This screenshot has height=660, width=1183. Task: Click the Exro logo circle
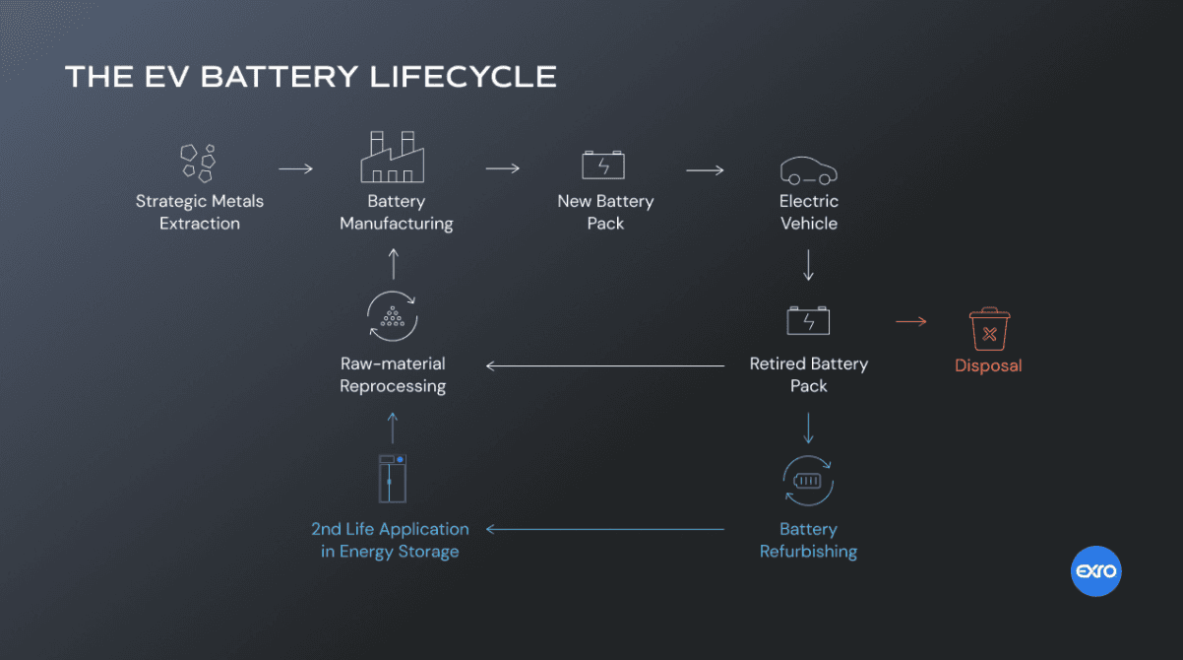1095,571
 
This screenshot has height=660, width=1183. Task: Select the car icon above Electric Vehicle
809,170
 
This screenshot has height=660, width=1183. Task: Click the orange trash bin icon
989,329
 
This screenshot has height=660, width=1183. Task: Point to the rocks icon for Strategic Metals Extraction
198,164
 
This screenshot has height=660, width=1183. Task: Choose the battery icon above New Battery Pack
603,165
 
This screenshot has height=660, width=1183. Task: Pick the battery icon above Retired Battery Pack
808,320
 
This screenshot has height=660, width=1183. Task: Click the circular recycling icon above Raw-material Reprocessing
393,316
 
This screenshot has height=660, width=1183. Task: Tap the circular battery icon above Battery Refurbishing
808,481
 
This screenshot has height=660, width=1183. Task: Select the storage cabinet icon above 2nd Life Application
393,478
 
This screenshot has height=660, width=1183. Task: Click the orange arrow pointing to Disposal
911,321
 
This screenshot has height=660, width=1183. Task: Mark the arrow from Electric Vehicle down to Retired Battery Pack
808,265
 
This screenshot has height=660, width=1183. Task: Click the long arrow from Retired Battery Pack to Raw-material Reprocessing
604,365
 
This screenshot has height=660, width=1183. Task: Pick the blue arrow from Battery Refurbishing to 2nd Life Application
604,529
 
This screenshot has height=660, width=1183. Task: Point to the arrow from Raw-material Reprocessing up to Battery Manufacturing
394,264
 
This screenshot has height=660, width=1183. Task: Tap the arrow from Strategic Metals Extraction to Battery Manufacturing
295,169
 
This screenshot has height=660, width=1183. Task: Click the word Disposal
988,365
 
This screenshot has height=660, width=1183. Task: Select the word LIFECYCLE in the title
463,77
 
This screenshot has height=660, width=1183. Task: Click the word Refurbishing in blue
808,552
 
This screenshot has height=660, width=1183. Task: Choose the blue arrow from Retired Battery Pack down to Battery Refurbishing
808,429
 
